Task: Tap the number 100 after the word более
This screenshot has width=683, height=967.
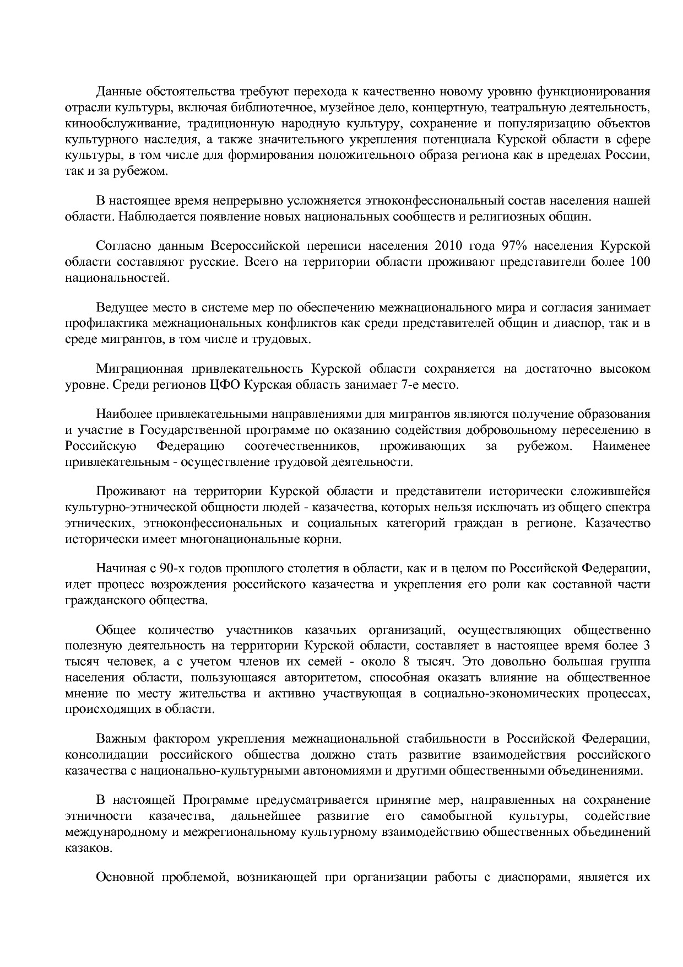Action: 639,262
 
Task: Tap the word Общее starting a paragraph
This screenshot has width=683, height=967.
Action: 115,630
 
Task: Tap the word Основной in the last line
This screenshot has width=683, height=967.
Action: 123,878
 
